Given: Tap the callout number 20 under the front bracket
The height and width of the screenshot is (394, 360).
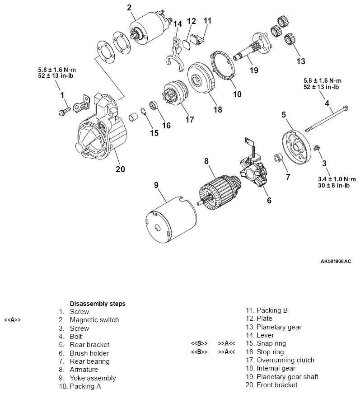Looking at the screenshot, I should click(120, 169).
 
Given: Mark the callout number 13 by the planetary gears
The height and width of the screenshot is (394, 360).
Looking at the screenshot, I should click(300, 61).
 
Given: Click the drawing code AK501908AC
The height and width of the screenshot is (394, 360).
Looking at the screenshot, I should click(335, 261).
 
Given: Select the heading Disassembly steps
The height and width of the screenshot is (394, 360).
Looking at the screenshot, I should click(98, 304).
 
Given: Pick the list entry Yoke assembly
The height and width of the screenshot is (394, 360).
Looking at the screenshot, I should click(93, 378).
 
